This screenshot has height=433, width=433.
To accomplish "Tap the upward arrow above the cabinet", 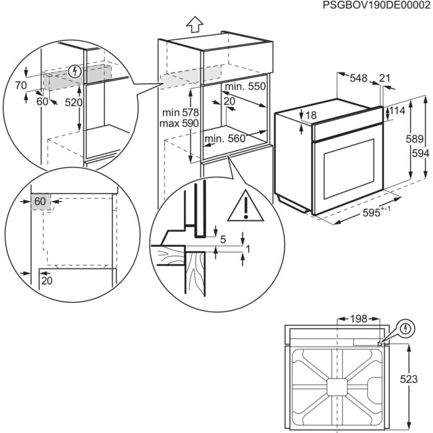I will pos(194,24).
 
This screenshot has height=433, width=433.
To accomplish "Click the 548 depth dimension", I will pos(358,78).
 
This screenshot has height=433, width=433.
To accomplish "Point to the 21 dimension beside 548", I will pos(385,78).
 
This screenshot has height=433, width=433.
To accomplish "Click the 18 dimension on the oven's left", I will pos(311,116).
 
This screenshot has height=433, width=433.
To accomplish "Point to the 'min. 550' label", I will pos(245,87).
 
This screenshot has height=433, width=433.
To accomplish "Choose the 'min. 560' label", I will pos(225,139).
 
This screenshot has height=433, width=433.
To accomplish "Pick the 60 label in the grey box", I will pos(40,202).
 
